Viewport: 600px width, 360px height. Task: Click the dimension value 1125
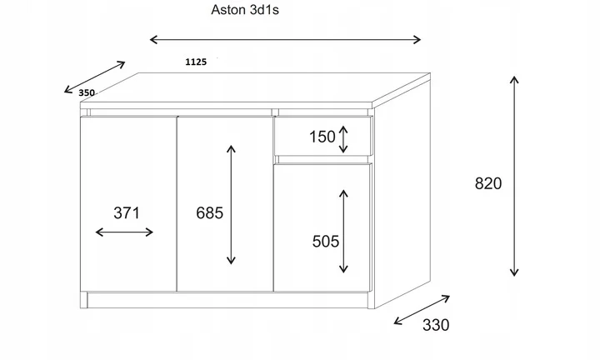pyautogui.click(x=196, y=61)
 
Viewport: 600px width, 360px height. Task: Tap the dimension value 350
pyautogui.click(x=87, y=93)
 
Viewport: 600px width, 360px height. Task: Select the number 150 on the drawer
pyautogui.click(x=322, y=137)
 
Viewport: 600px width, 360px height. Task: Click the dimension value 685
pyautogui.click(x=209, y=212)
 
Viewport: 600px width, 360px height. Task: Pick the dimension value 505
pyautogui.click(x=325, y=242)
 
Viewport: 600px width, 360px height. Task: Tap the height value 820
pyautogui.click(x=487, y=184)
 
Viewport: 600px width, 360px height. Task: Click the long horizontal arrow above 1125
pyautogui.click(x=285, y=38)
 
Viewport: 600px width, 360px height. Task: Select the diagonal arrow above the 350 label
pyautogui.click(x=94, y=77)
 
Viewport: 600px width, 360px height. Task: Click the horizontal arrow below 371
pyautogui.click(x=125, y=232)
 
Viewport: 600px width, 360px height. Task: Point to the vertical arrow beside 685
pyautogui.click(x=231, y=204)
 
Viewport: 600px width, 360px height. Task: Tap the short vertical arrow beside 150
pyautogui.click(x=343, y=137)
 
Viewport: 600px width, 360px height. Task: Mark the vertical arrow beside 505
pyautogui.click(x=342, y=231)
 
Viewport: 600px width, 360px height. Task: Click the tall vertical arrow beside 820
pyautogui.click(x=514, y=175)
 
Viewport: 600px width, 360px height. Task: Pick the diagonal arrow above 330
pyautogui.click(x=422, y=309)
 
